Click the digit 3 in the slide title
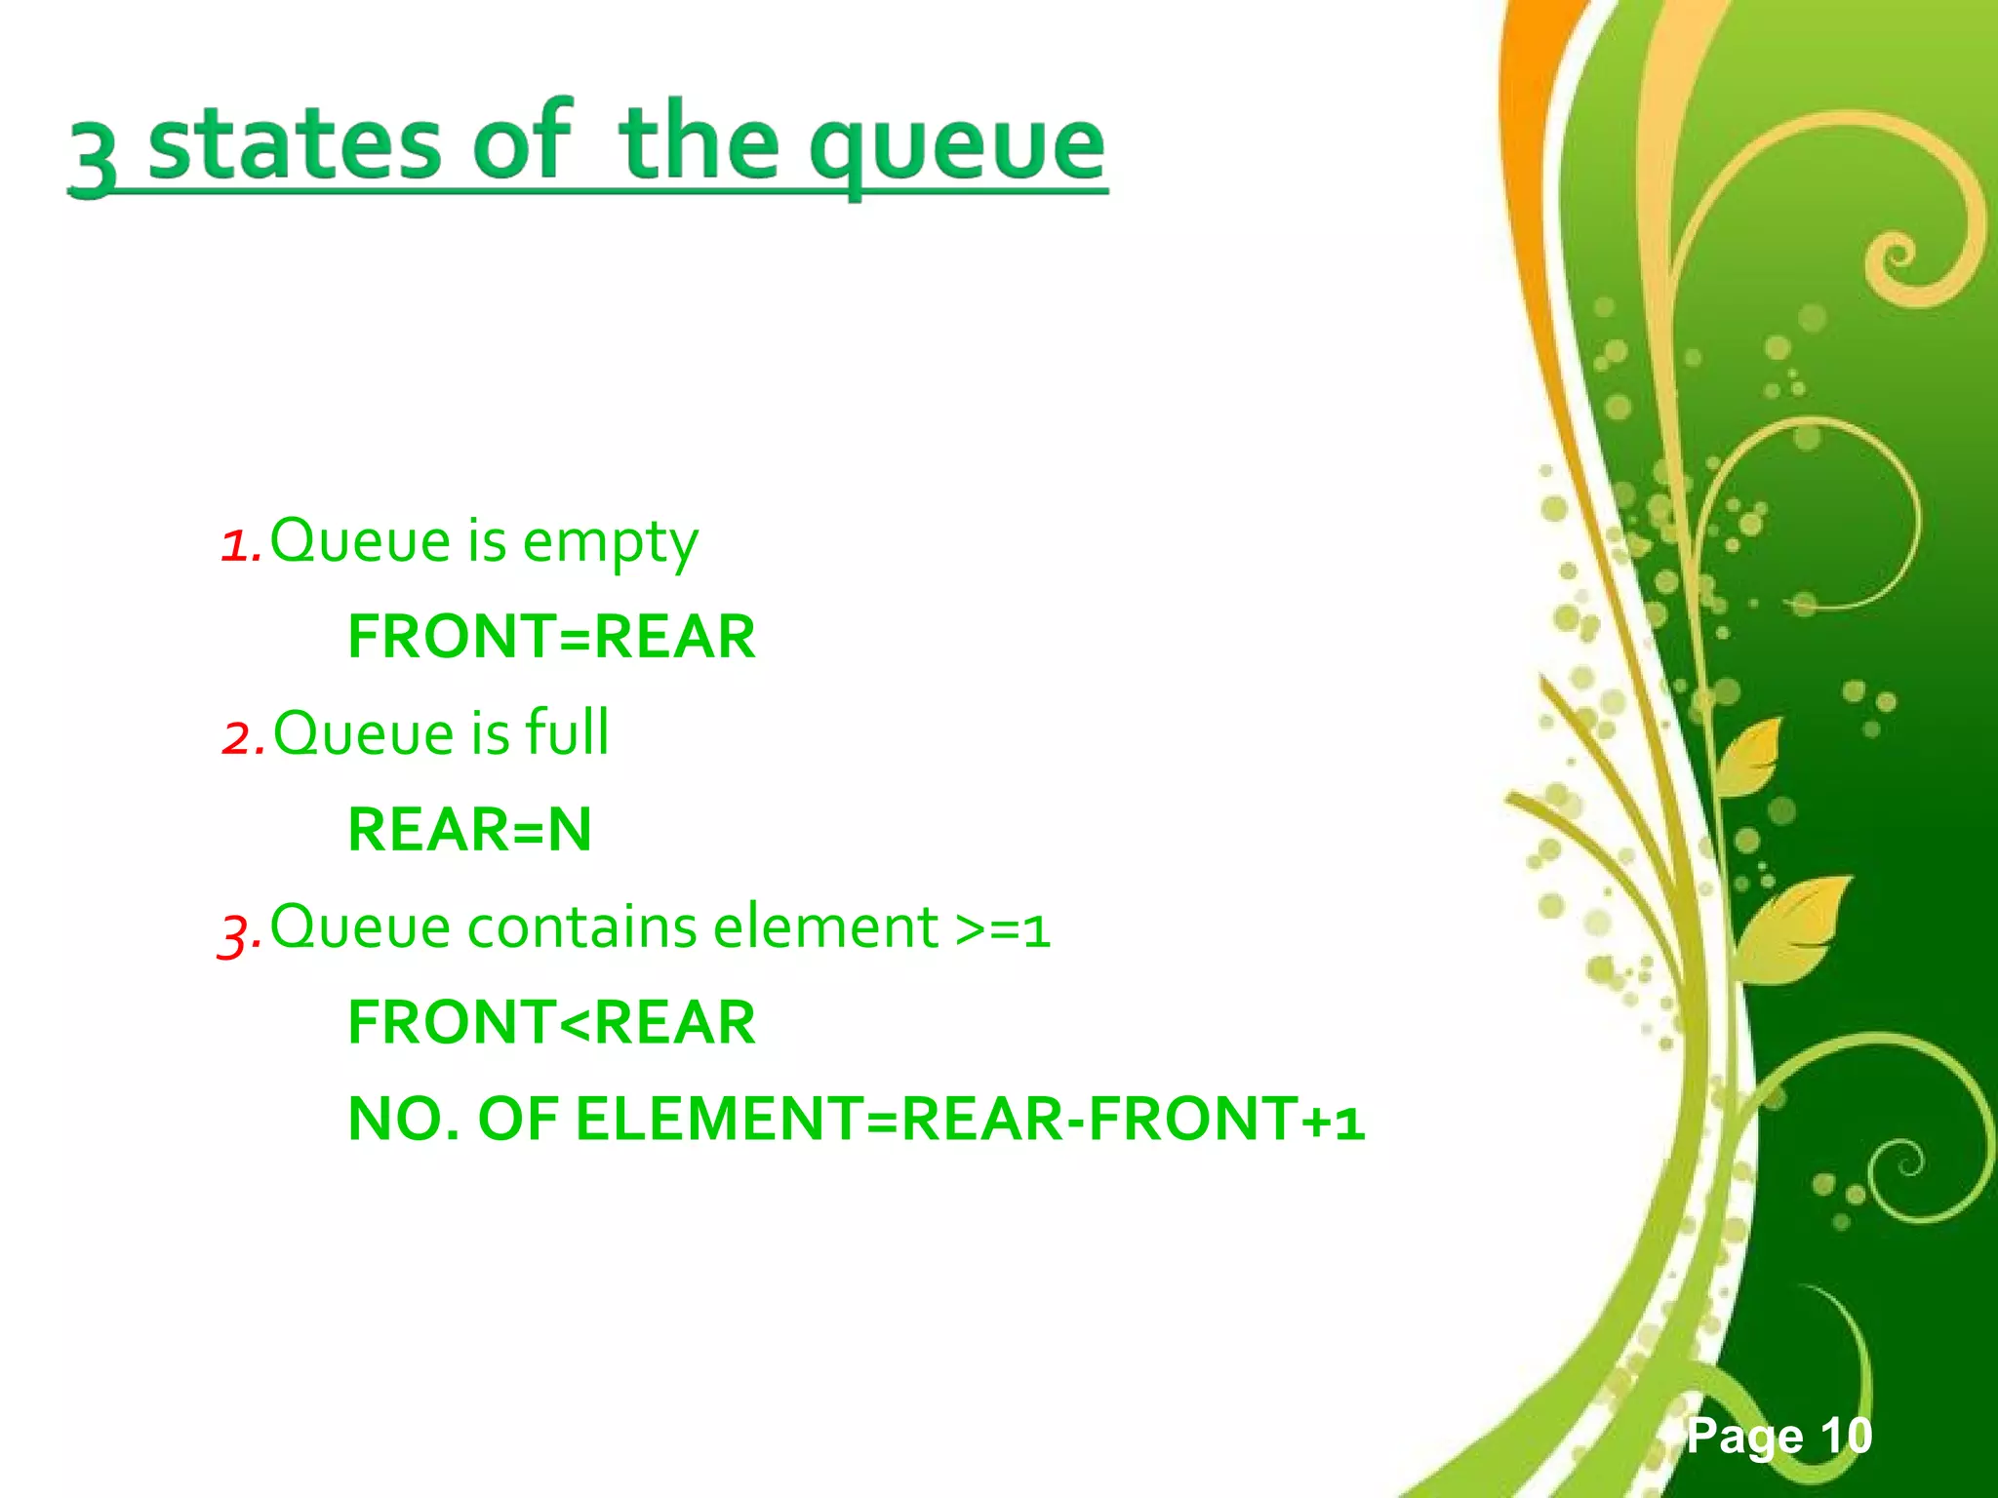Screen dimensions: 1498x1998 coord(94,156)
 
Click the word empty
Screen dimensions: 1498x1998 coord(610,542)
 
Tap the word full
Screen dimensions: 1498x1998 coord(567,732)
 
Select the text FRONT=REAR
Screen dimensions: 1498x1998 coord(551,637)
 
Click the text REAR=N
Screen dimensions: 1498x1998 coord(469,830)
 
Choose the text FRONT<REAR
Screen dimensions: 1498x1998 coord(551,1022)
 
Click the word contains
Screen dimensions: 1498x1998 coord(581,926)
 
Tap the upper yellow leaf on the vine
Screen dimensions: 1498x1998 coord(1751,756)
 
